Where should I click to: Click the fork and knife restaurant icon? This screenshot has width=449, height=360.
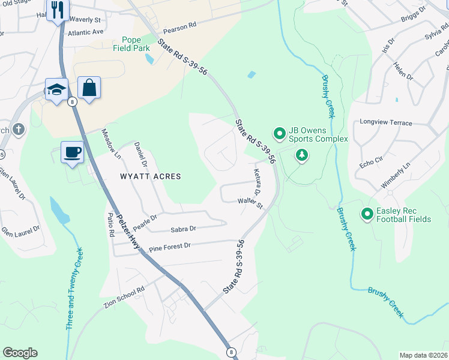point(58,10)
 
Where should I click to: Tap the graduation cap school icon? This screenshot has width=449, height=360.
point(57,90)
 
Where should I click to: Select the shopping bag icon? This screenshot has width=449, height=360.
point(89,88)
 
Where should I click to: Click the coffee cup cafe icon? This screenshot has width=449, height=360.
point(72,152)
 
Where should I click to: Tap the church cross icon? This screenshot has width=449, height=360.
point(19,129)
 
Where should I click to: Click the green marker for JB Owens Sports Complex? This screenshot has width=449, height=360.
point(279,133)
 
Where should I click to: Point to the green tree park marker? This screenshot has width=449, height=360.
point(302,156)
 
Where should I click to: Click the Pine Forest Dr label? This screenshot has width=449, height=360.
point(169,245)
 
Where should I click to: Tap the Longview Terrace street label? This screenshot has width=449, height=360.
point(385,122)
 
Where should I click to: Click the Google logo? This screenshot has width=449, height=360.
point(20,353)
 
